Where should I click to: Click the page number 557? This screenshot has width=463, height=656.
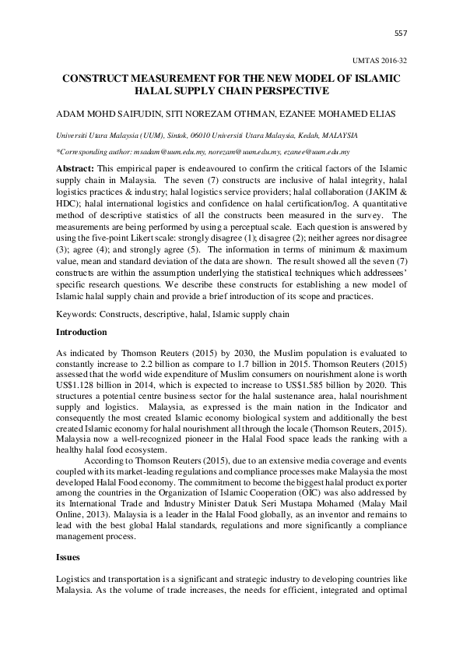pos(401,33)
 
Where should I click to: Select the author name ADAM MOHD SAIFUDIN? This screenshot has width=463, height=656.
pos(96,113)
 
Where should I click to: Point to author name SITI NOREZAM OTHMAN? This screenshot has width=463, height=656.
pos(196,113)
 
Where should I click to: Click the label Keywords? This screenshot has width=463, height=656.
pos(81,314)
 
